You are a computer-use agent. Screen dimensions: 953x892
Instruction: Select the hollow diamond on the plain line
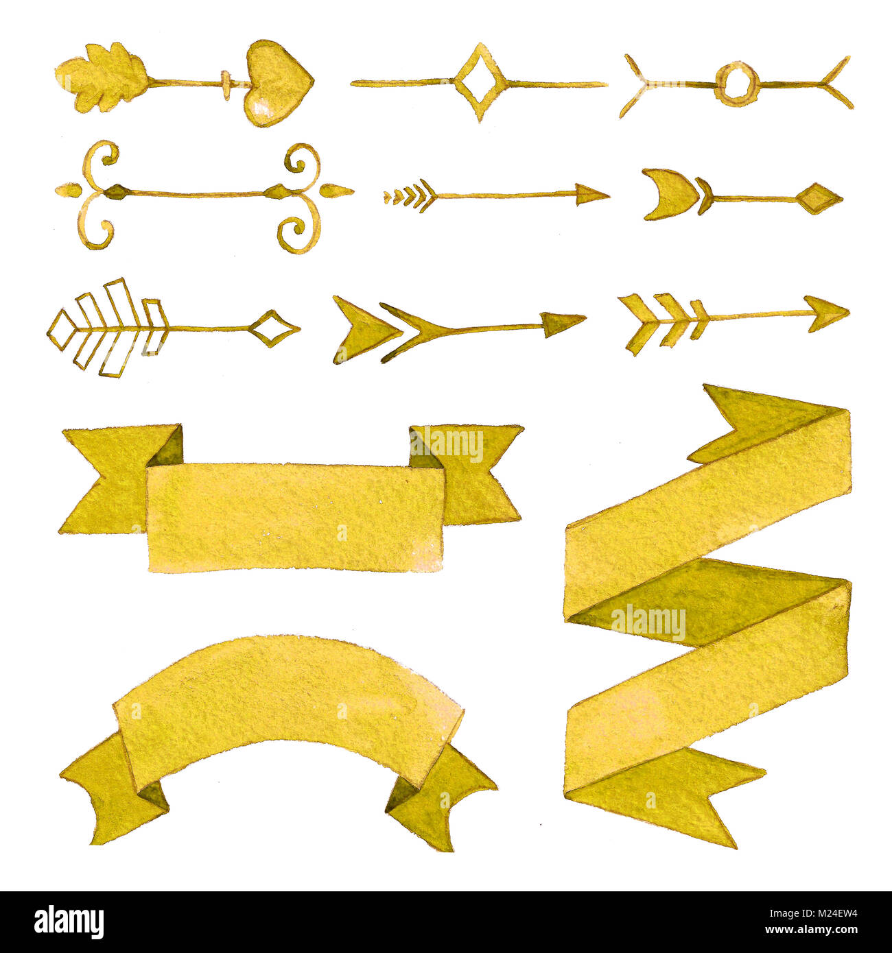click(x=480, y=82)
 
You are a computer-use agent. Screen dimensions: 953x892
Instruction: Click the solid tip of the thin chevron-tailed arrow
click(x=589, y=195)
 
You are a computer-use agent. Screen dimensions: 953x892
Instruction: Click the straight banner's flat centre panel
click(x=295, y=516)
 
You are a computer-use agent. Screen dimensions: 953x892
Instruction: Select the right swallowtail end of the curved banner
click(x=439, y=795)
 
